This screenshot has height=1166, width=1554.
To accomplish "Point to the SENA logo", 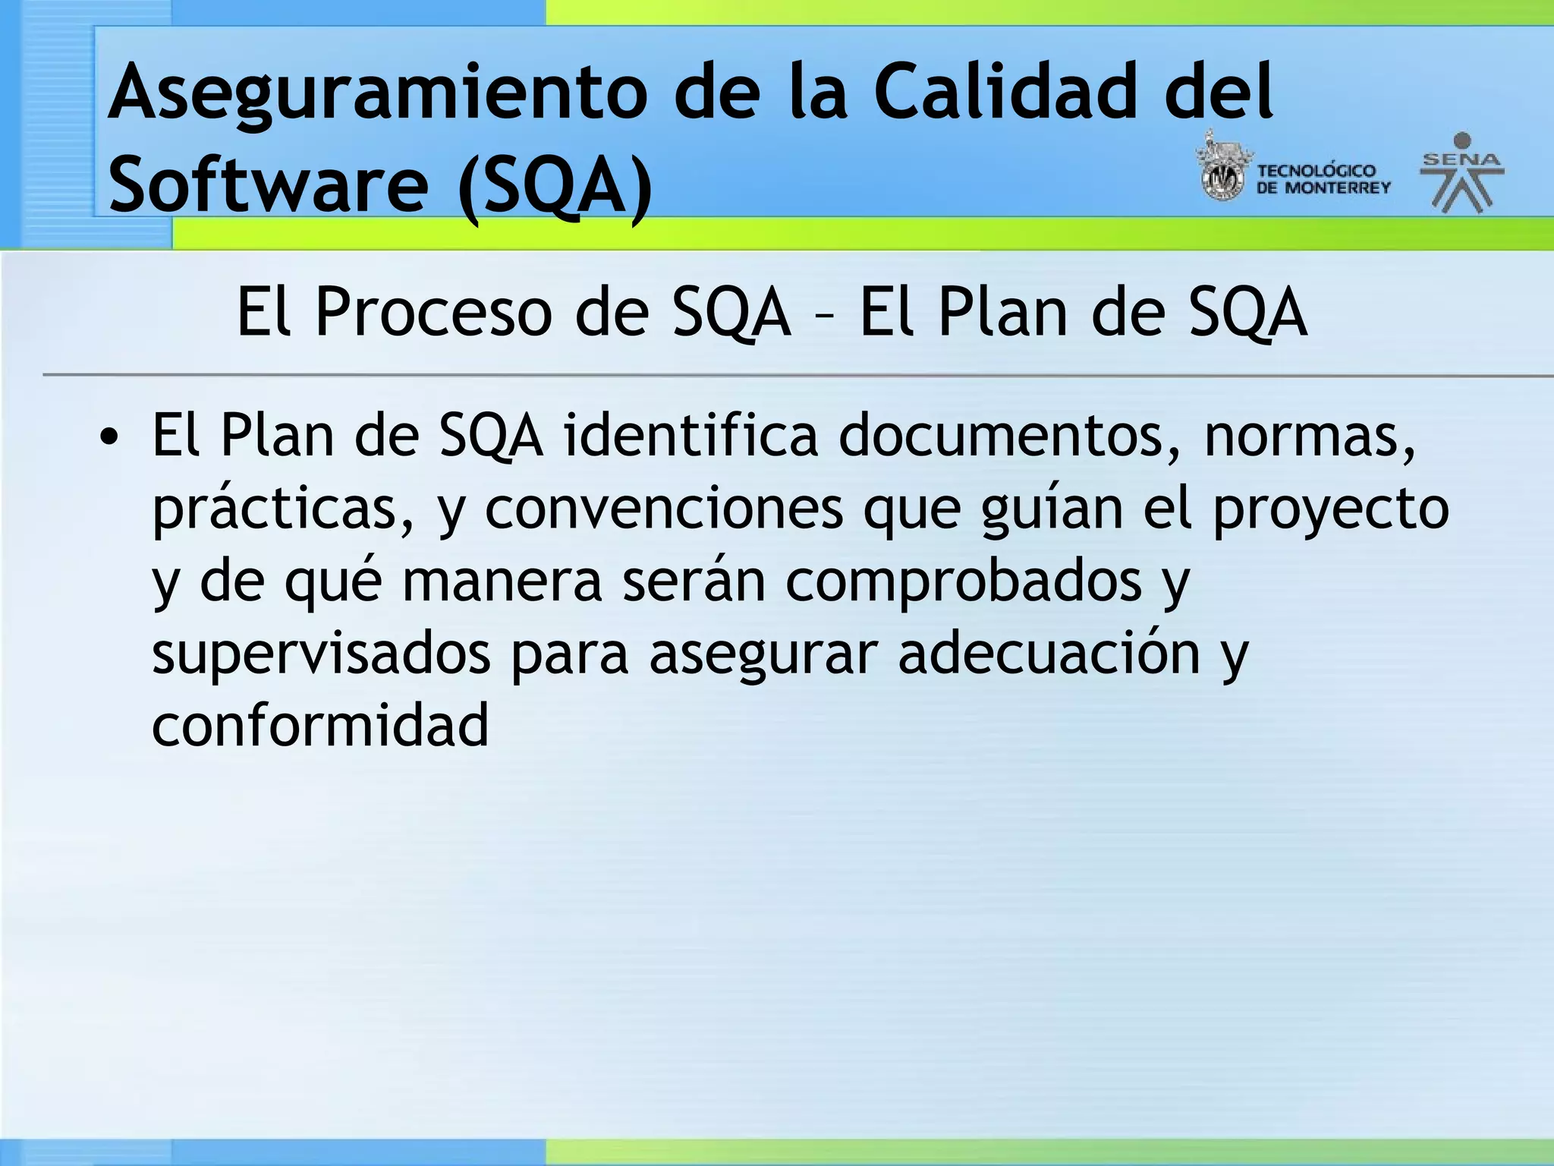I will [1461, 173].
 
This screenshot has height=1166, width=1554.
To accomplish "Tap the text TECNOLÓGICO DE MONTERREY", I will [1323, 179].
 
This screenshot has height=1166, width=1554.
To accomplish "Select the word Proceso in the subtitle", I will [433, 312].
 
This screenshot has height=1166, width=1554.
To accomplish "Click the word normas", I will [1310, 437].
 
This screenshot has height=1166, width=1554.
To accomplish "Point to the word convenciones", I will [664, 509].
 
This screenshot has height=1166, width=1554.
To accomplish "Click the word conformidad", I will [320, 725].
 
